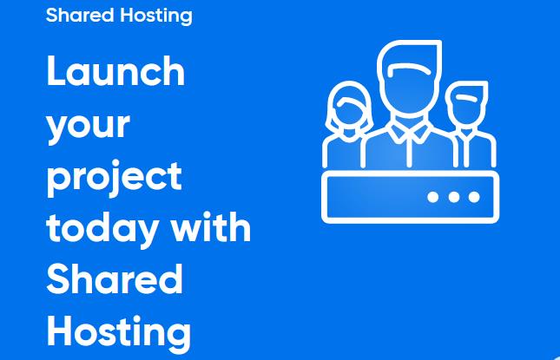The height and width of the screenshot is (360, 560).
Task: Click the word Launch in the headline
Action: coord(115,70)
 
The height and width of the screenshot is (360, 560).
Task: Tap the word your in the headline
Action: coord(88,127)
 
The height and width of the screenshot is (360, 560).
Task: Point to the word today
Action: coord(102,230)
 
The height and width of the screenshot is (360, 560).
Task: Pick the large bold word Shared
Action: coord(115,279)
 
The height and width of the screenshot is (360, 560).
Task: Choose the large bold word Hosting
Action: coord(119,332)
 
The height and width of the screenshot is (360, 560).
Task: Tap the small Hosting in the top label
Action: coord(156,16)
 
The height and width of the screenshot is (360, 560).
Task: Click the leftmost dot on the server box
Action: coord(433,197)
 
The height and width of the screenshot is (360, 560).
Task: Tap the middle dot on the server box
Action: coord(454,197)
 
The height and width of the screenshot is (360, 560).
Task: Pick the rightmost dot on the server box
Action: coord(474,197)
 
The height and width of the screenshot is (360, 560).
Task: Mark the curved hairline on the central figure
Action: coord(408,67)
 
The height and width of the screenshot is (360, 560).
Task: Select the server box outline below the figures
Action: coord(411,173)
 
